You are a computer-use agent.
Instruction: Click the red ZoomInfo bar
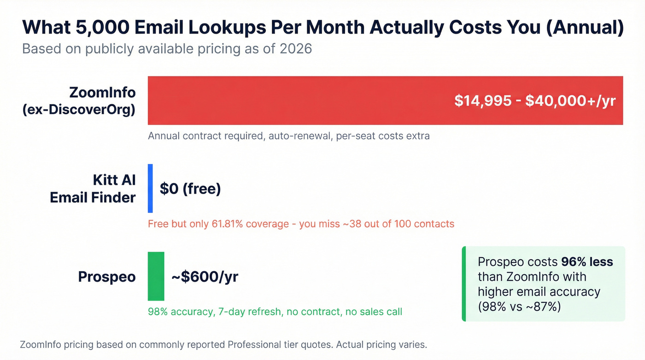[299, 100]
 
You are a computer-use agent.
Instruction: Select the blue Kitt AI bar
[150, 189]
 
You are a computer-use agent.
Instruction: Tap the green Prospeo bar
[156, 277]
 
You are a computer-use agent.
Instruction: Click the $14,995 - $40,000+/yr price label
[534, 101]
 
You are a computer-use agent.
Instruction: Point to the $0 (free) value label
[190, 189]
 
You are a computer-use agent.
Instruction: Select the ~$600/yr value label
[205, 277]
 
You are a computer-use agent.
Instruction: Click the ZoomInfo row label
[102, 92]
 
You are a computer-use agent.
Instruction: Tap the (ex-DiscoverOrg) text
[79, 110]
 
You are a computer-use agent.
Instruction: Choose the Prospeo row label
[107, 277]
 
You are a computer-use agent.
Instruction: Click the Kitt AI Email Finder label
[93, 189]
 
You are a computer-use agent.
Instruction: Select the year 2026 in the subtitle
[296, 48]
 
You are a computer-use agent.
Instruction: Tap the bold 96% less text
[587, 262]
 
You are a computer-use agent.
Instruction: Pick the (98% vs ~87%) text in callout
[519, 306]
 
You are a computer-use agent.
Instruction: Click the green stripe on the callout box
[464, 284]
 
